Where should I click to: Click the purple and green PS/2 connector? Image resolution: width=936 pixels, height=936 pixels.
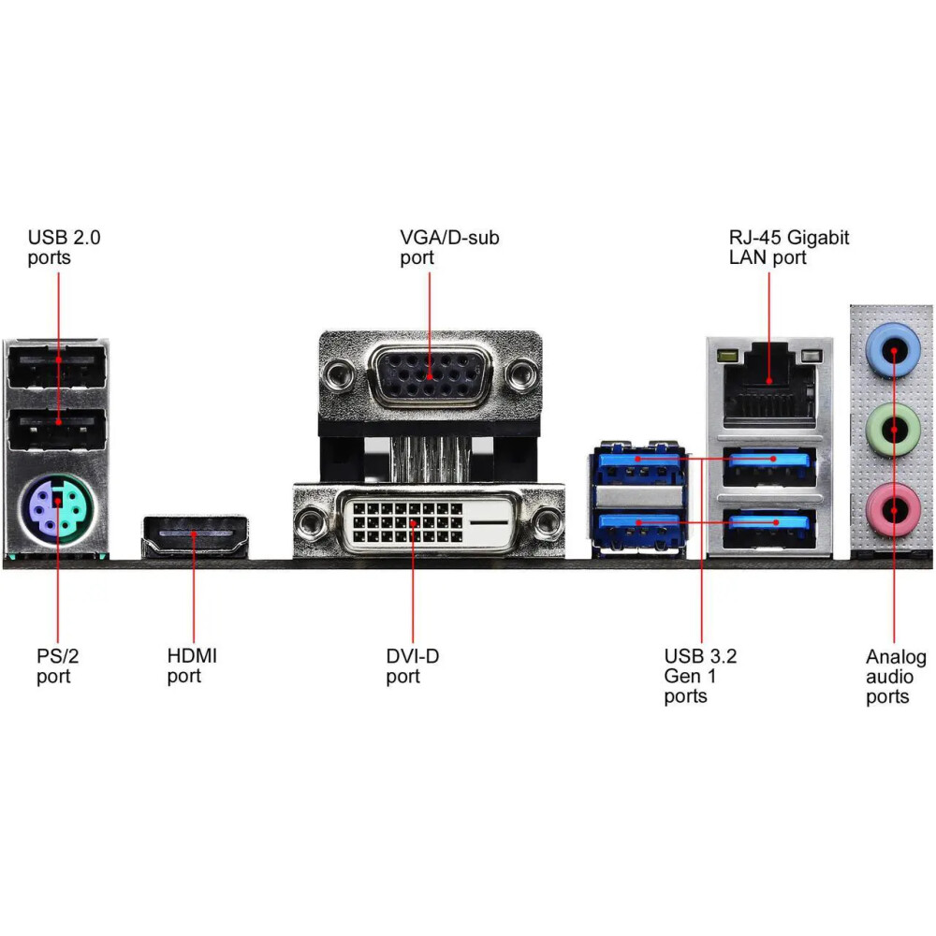pos(56,506)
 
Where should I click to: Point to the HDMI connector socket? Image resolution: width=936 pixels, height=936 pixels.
pos(195,535)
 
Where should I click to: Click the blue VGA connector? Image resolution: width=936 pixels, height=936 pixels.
pos(430,375)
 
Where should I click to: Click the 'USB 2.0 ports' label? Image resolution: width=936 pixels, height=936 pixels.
pos(64,247)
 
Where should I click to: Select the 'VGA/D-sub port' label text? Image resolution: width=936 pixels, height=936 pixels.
pos(449,247)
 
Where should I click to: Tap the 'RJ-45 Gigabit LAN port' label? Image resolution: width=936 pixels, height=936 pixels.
pos(789,247)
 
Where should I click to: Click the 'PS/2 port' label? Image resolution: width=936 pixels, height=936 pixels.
pos(55,665)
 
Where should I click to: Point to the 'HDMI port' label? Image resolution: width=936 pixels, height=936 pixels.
pos(192,665)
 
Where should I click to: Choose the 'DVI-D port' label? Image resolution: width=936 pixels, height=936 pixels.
pos(412,665)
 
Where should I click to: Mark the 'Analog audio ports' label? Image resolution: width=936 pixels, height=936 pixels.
pos(896,676)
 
